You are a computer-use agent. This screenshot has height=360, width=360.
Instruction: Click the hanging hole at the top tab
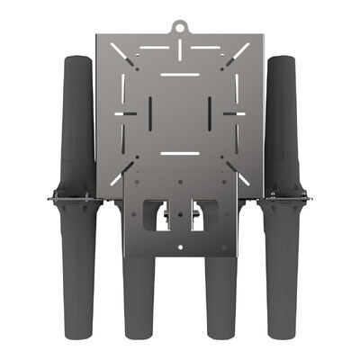[x=180, y=26]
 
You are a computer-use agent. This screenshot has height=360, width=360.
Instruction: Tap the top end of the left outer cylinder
[x=76, y=60]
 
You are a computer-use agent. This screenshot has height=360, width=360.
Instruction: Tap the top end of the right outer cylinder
[x=282, y=60]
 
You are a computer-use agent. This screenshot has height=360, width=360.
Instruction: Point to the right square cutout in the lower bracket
[x=203, y=214]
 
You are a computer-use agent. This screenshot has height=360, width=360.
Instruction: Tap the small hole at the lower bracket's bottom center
[x=180, y=247]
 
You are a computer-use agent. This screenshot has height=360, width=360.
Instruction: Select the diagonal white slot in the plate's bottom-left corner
[x=118, y=175]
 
